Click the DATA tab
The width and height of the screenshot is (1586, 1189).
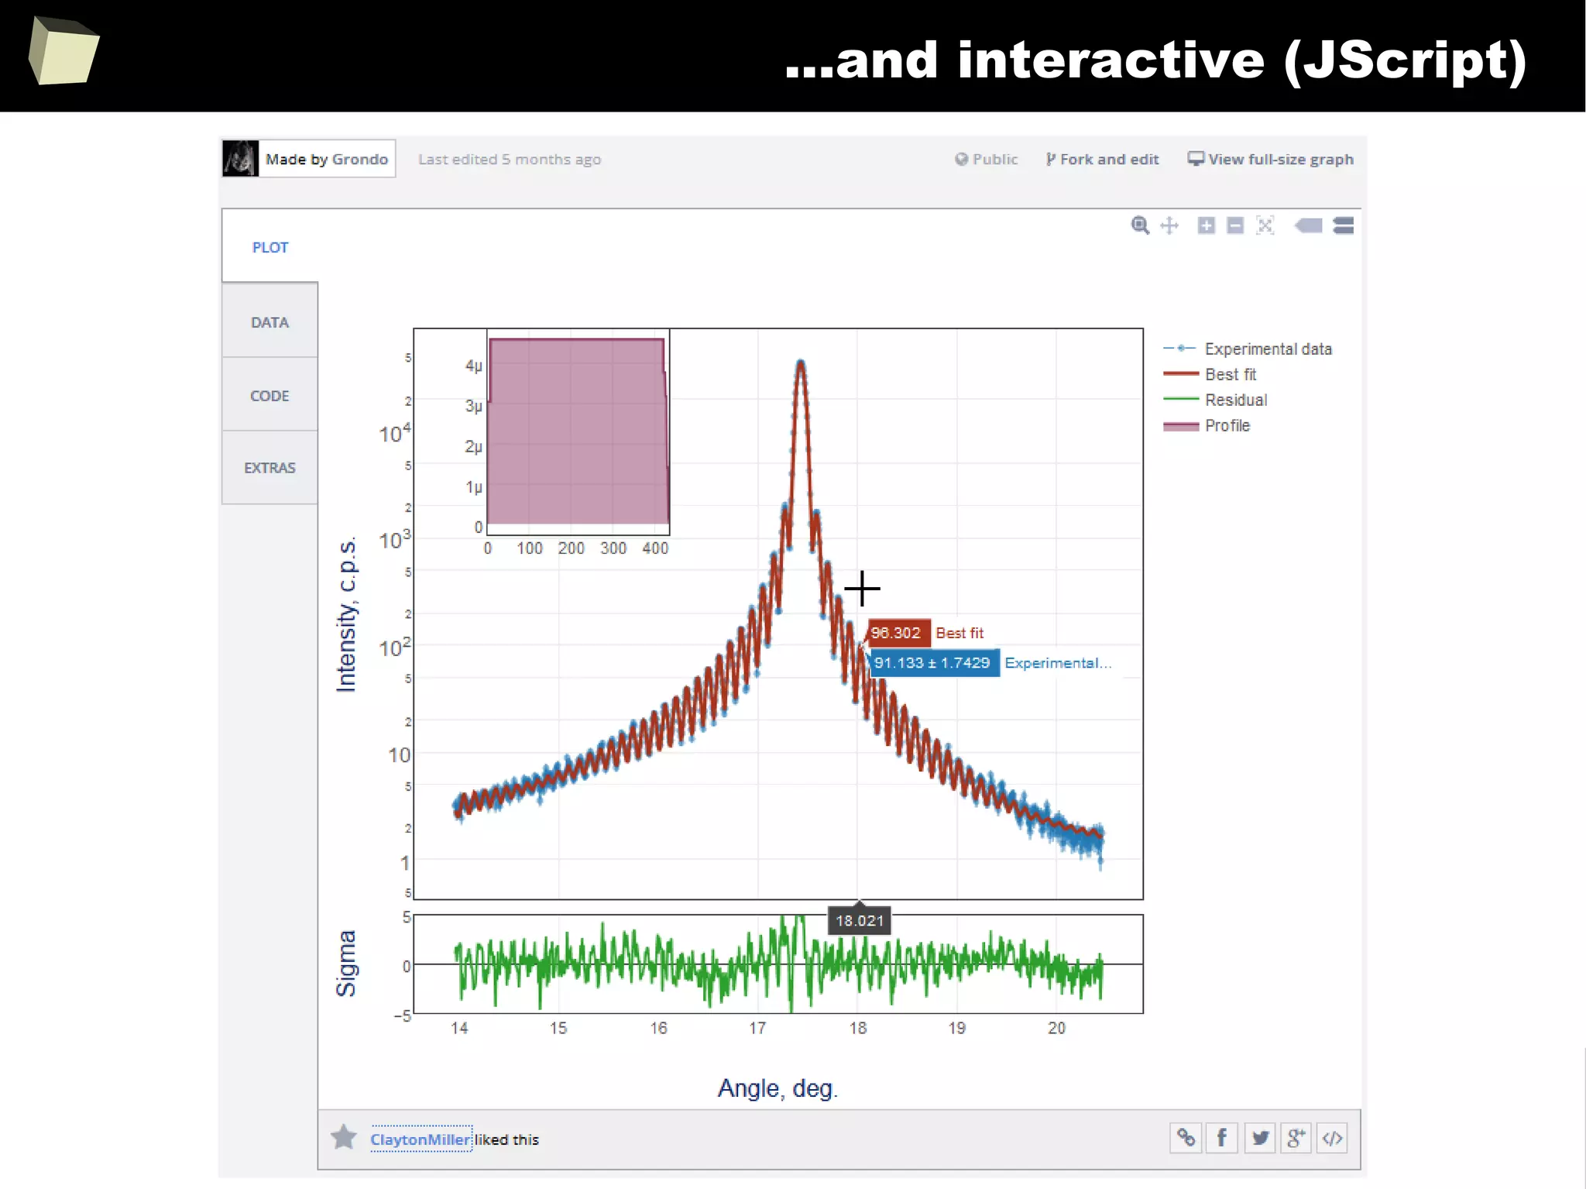tap(269, 322)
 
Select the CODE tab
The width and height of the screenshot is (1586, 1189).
tap(269, 396)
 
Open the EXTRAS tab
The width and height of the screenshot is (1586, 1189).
tap(269, 468)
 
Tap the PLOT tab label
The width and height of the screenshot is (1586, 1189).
tap(269, 248)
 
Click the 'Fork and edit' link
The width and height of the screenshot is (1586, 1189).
tap(1102, 160)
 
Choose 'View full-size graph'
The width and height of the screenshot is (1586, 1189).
tap(1271, 160)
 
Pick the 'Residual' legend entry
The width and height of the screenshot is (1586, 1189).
tap(1235, 400)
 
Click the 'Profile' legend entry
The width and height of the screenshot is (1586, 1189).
tap(1227, 426)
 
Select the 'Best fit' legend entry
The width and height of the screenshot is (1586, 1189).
tap(1230, 375)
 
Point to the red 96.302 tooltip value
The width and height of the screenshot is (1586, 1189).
tap(896, 633)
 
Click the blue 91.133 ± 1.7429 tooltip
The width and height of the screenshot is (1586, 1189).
tap(932, 663)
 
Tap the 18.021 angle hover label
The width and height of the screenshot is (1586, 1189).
tap(859, 921)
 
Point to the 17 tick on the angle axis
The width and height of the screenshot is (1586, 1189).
tap(757, 1028)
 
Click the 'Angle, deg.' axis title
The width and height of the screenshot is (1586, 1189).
tap(778, 1088)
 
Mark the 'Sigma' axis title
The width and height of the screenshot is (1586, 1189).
tap(346, 964)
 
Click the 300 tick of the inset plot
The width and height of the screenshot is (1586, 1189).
tap(613, 548)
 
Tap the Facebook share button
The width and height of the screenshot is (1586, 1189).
tap(1221, 1138)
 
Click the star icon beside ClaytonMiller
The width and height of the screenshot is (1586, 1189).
tap(344, 1137)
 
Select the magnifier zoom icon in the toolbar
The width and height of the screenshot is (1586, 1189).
tap(1139, 225)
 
